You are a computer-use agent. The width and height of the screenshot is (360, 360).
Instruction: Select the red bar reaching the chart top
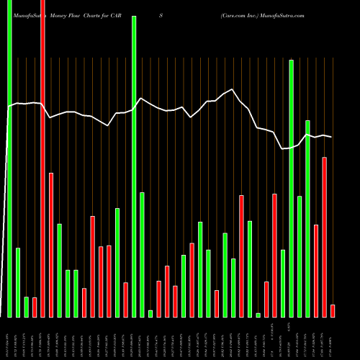pyautogui.click(x=42, y=158)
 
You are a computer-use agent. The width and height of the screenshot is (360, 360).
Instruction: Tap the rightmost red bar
pyautogui.click(x=333, y=310)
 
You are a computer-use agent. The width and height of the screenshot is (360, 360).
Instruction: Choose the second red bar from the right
pyautogui.click(x=325, y=237)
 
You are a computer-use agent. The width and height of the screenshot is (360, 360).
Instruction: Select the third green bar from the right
pyautogui.click(x=292, y=188)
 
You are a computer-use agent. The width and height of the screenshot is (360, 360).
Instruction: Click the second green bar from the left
pyautogui.click(x=18, y=282)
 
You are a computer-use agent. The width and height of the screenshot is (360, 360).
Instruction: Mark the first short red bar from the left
pyautogui.click(x=35, y=307)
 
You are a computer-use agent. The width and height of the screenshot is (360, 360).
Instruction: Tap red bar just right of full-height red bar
pyautogui.click(x=51, y=245)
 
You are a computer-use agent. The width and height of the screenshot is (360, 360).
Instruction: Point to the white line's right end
pyautogui.click(x=332, y=137)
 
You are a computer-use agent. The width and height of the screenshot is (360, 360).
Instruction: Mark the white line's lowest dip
pyautogui.click(x=283, y=148)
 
